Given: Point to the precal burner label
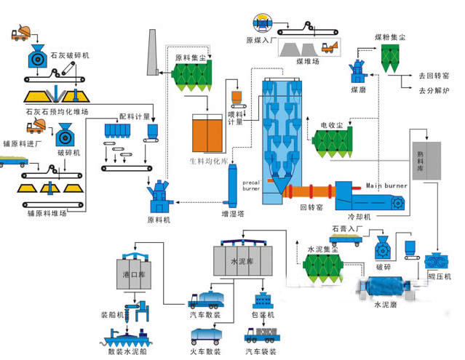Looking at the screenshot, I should pos(251,185).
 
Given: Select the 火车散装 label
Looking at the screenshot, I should pos(205,351).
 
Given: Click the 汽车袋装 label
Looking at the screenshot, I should pos(263,351).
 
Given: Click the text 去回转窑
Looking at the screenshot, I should pos(432,75).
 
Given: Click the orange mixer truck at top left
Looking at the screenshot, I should pos(22,33).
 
